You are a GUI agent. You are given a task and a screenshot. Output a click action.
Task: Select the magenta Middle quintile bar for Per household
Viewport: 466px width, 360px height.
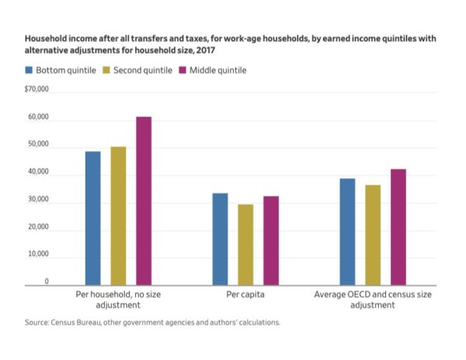coord(144,201)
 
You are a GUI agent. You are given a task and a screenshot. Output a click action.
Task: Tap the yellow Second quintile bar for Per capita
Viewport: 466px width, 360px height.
coord(245,244)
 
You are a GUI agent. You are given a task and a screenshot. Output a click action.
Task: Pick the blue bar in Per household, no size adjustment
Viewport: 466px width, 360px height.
coord(92,218)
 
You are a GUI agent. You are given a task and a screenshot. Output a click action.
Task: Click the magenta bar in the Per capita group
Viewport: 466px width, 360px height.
coord(270,241)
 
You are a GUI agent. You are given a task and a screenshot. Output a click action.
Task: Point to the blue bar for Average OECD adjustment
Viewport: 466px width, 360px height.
coord(347,232)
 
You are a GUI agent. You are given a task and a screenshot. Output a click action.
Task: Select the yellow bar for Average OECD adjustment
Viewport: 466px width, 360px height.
coord(373,235)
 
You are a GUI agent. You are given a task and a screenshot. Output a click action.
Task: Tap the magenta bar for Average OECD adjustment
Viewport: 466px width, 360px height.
coord(398,227)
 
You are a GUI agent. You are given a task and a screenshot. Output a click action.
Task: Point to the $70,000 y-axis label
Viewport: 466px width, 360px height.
coord(37,90)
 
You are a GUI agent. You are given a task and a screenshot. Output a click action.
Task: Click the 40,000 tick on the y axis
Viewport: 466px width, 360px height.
coord(39,172)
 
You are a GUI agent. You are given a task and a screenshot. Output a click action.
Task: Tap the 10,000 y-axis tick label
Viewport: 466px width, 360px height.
coord(39,254)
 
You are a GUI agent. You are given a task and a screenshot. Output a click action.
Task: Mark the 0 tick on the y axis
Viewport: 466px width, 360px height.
coord(46,281)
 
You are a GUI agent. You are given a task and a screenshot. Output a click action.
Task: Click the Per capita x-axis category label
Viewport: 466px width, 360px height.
coord(245,295)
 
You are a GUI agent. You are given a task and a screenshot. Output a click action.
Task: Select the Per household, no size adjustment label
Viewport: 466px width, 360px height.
coord(118,299)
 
